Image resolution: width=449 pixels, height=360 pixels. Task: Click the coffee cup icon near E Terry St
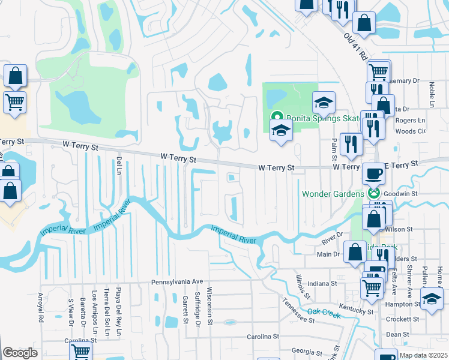tap(375, 173)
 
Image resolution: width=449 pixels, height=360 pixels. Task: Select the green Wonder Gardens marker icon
tap(374, 193)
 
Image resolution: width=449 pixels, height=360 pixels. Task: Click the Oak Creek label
tap(324, 311)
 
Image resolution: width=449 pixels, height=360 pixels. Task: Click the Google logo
tap(20, 353)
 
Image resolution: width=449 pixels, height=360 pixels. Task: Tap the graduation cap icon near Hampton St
tap(431, 299)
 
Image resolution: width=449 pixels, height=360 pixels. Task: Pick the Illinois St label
tap(303, 287)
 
